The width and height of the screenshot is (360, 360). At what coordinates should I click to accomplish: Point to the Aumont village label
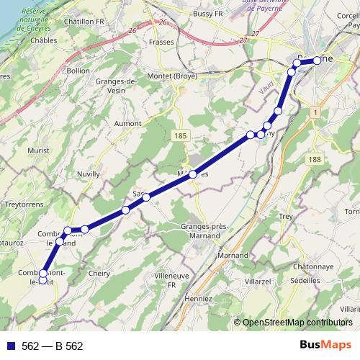[128, 123]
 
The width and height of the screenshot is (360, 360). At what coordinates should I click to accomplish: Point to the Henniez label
[199, 298]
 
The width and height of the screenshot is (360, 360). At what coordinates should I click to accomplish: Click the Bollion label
[78, 71]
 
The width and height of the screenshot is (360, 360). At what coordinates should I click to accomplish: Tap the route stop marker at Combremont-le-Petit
[43, 274]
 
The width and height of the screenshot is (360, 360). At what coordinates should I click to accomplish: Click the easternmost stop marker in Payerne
[317, 60]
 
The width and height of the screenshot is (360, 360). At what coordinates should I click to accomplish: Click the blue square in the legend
[9, 346]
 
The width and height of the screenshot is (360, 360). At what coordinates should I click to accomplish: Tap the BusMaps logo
[325, 345]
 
